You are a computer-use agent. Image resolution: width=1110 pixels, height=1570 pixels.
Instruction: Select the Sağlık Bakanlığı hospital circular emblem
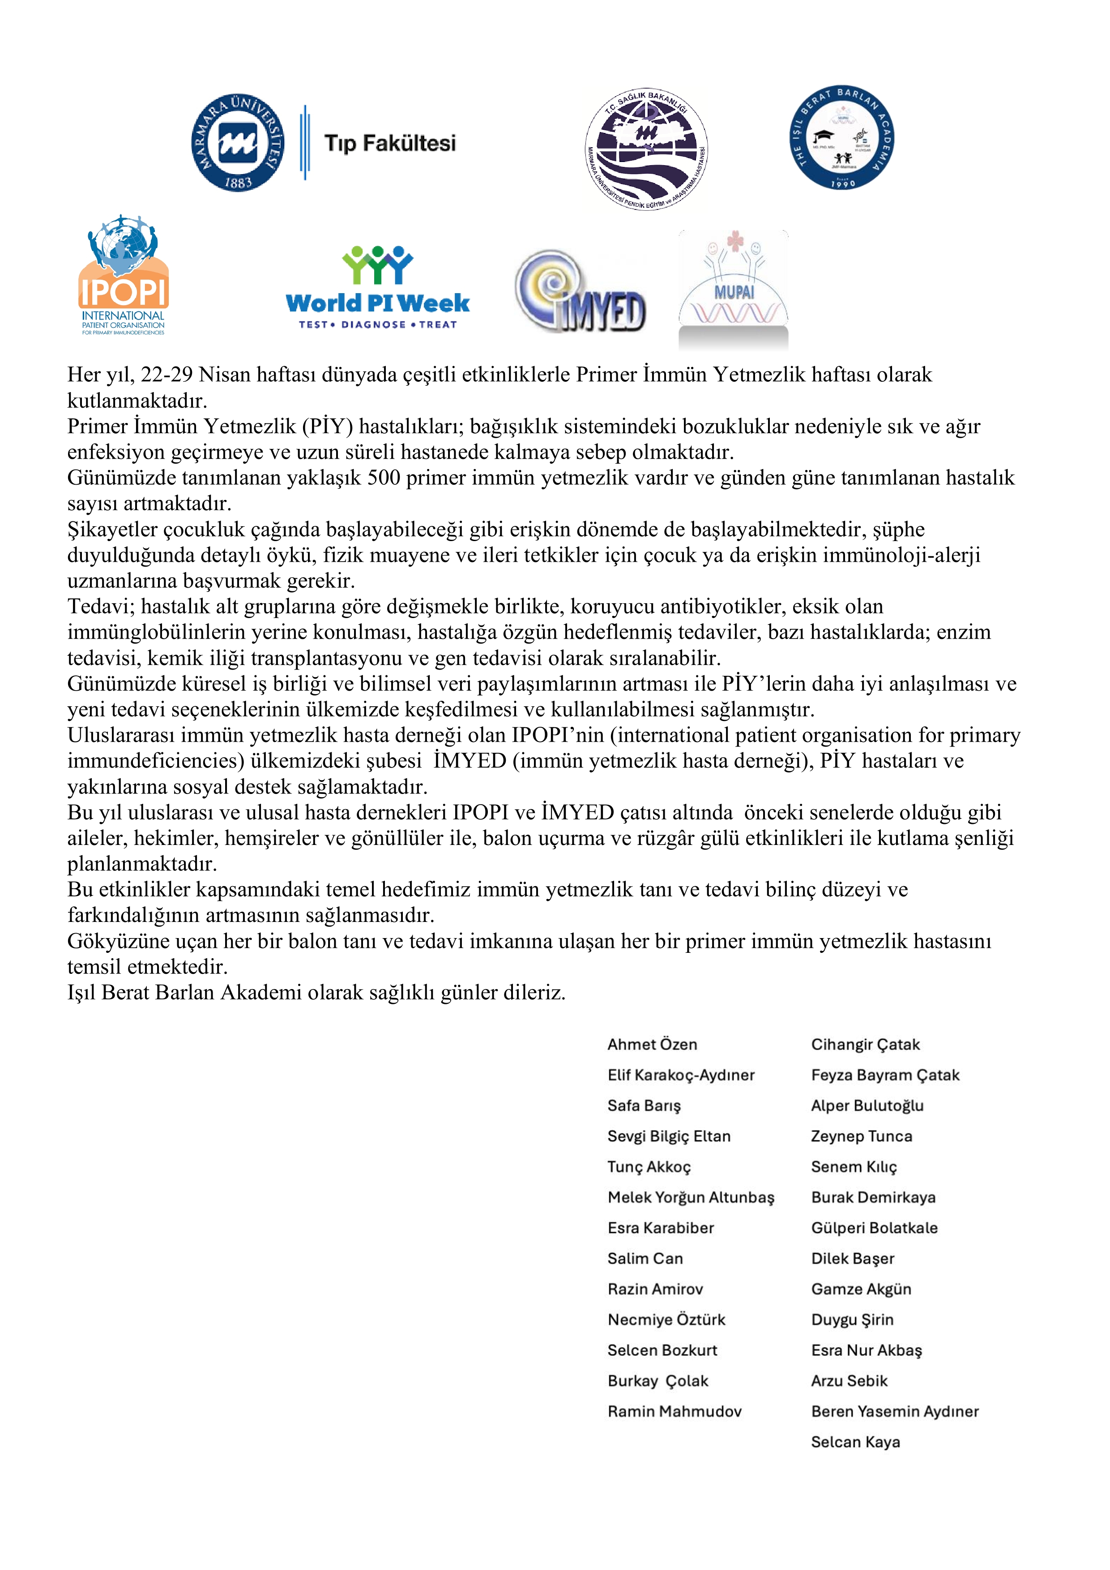(646, 149)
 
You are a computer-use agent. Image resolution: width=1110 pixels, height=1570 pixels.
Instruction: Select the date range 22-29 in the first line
(167, 375)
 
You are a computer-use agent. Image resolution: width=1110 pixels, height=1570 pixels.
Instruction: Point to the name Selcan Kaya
(855, 1442)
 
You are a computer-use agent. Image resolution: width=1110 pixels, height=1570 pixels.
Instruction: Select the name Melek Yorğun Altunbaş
(691, 1197)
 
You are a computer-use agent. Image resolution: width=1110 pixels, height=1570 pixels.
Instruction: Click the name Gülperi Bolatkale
(874, 1228)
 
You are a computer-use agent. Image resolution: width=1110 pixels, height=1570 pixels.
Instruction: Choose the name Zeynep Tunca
(861, 1136)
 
